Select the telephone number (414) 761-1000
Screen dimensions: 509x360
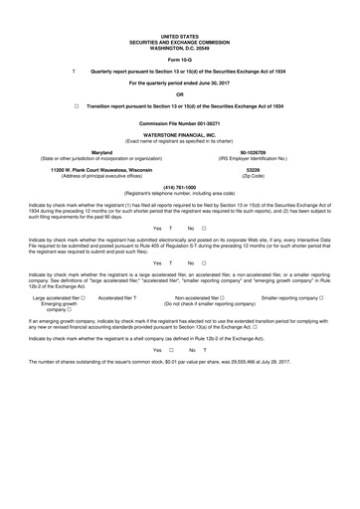pyautogui.click(x=179, y=187)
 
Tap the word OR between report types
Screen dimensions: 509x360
pyautogui.click(x=179, y=93)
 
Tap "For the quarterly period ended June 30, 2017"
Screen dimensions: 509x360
pyautogui.click(x=179, y=83)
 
